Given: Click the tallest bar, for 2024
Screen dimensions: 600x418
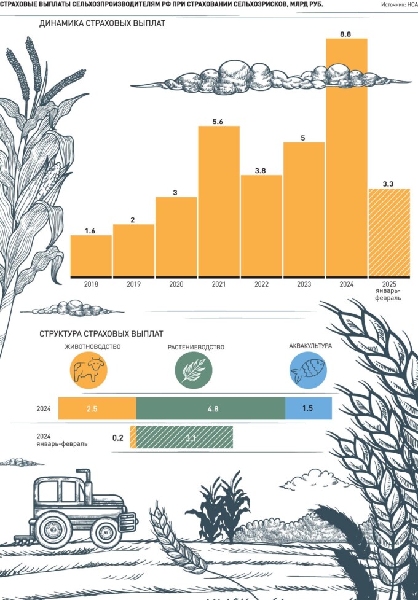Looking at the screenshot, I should click(x=347, y=157).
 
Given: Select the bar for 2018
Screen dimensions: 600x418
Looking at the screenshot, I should click(x=91, y=255).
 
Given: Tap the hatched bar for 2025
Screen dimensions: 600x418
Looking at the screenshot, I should click(x=388, y=232).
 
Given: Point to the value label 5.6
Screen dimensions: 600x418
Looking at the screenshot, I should click(x=218, y=122).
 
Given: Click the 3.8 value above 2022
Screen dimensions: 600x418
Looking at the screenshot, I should click(x=261, y=171).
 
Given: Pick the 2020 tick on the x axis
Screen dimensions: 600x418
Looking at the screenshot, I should click(x=176, y=284).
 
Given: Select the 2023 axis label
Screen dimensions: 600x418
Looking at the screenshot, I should click(x=304, y=284).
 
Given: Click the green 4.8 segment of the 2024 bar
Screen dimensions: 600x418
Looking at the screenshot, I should click(x=210, y=408).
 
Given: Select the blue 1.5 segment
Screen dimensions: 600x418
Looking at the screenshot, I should click(x=308, y=408).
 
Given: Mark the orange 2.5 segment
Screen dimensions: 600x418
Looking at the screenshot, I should click(x=97, y=408).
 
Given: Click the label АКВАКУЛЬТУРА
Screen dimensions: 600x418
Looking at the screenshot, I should click(x=310, y=346).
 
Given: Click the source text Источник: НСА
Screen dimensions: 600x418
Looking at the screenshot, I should click(x=399, y=4).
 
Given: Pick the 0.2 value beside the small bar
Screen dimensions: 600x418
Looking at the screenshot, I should click(x=118, y=438).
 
